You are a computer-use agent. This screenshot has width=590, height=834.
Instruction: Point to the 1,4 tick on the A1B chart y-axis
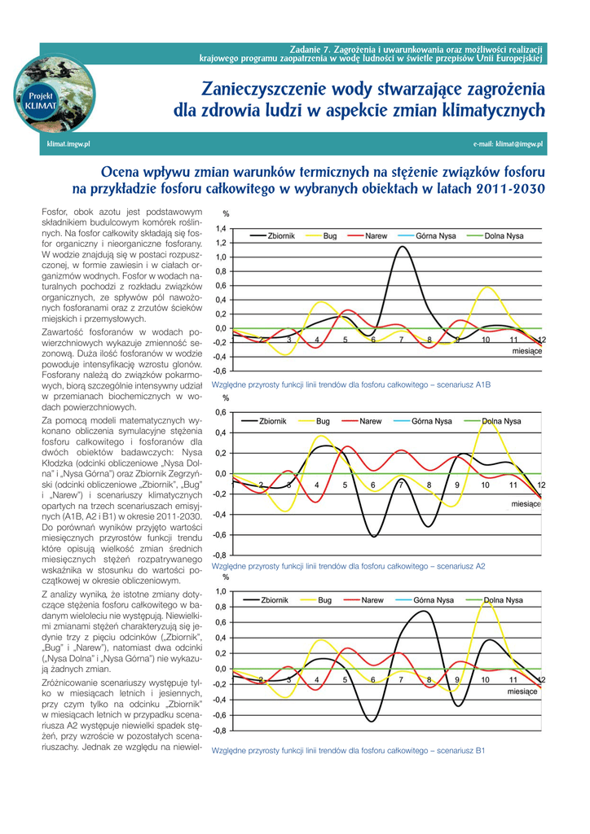pyautogui.click(x=221, y=229)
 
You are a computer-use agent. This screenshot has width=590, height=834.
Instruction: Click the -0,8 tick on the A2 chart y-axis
pyautogui.click(x=220, y=555)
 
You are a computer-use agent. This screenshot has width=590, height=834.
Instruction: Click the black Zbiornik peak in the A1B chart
pyautogui.click(x=402, y=247)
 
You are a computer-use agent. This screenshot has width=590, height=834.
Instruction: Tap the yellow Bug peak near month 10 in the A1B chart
pyautogui.click(x=487, y=288)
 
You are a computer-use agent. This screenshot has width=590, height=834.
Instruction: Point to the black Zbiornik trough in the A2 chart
pyautogui.click(x=373, y=536)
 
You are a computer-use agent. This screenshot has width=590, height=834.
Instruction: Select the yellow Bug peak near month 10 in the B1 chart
pyautogui.click(x=486, y=601)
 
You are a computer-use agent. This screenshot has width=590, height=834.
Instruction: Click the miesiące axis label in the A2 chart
pyautogui.click(x=526, y=504)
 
